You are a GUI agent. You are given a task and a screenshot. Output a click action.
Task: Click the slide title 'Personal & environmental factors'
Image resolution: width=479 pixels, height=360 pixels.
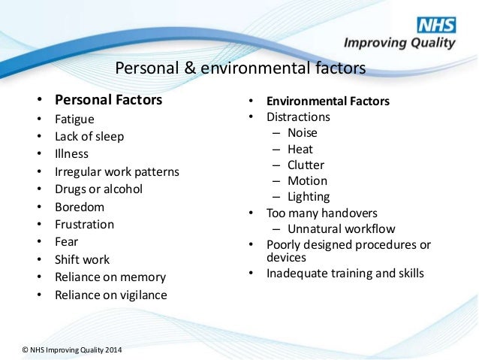click(240, 69)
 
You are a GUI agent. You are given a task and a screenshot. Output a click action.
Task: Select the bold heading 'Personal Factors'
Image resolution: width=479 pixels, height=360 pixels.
click(108, 99)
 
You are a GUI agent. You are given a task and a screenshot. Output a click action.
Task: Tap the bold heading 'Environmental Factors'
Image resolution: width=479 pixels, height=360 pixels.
click(328, 101)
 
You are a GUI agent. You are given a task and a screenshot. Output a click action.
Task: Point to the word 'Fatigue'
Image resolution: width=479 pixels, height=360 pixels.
click(74, 119)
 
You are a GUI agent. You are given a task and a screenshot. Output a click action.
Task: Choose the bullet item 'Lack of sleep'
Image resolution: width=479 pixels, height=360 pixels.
click(89, 137)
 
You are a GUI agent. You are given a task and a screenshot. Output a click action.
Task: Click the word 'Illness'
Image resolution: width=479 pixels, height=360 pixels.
click(73, 154)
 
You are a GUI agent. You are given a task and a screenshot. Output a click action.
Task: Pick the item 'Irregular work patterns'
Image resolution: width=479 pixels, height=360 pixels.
click(116, 171)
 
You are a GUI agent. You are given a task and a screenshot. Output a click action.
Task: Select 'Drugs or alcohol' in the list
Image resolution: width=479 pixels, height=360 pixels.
click(98, 189)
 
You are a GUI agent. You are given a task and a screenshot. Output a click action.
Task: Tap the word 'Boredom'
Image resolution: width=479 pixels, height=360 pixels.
click(79, 207)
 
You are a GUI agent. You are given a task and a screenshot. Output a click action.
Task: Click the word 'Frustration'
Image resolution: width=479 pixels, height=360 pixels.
click(84, 224)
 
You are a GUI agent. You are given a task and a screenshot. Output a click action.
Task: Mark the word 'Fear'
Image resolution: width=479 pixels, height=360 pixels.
click(67, 242)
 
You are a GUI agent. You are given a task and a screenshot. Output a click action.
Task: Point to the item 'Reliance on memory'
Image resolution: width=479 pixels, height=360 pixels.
click(110, 277)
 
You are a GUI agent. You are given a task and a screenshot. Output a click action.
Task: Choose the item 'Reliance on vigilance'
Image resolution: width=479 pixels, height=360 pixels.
click(111, 295)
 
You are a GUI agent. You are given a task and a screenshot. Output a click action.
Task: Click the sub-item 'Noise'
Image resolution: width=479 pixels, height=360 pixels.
click(303, 133)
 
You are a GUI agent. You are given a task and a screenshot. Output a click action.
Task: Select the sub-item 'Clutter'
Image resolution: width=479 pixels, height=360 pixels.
click(306, 165)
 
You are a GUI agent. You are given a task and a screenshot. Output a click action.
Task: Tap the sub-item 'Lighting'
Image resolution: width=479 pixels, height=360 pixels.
click(309, 197)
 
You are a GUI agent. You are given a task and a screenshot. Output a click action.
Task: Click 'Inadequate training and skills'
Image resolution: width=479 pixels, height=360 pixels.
click(345, 273)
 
